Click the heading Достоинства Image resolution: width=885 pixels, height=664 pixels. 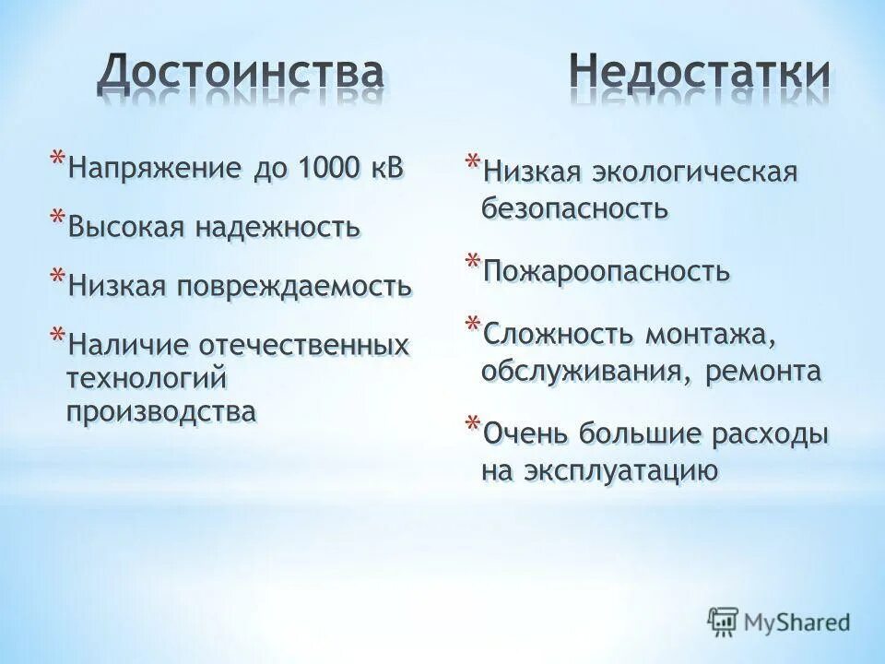pos(241,73)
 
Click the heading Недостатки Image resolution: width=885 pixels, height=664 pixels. pos(698,73)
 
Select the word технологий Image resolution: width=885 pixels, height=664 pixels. pos(146,378)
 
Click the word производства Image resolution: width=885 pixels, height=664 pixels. pos(160,411)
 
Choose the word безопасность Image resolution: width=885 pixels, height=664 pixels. pos(573,207)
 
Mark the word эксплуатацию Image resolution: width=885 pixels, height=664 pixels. pos(620,470)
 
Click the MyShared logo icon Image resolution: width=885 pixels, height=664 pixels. pos(723,620)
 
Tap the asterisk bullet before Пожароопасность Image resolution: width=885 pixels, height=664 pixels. pos(471,263)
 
